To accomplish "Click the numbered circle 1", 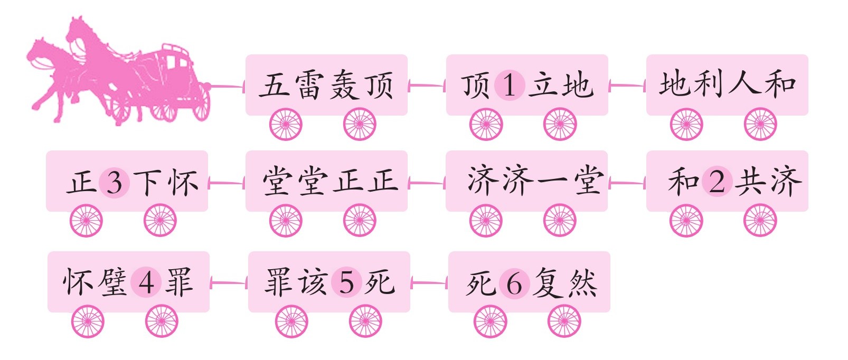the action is pyautogui.click(x=510, y=85).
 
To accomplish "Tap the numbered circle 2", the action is pyautogui.click(x=717, y=182).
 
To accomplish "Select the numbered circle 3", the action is pyautogui.click(x=115, y=183).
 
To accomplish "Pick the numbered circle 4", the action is pyautogui.click(x=146, y=282).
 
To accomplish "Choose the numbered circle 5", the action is pyautogui.click(x=346, y=282).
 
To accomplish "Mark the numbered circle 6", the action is pyautogui.click(x=514, y=283).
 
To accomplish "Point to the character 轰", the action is pyautogui.click(x=345, y=86).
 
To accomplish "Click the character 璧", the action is pyautogui.click(x=112, y=282).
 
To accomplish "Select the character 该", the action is pyautogui.click(x=313, y=282).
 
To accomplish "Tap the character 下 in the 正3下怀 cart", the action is pyautogui.click(x=148, y=183).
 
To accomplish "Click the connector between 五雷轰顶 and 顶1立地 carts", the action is pyautogui.click(x=427, y=86).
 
